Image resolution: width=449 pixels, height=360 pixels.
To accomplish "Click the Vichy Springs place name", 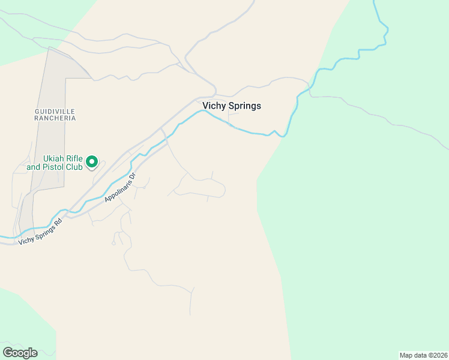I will point(232,106).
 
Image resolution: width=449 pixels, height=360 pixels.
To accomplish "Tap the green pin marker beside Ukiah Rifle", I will point(92,161).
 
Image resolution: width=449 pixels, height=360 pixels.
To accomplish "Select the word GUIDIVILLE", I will point(55,111).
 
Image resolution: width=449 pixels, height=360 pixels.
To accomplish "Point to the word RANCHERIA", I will point(55,118).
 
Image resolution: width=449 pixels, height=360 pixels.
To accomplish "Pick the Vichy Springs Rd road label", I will point(40,232).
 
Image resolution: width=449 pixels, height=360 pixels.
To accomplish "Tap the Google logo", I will point(20,352).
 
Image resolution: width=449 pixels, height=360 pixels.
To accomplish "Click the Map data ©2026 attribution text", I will point(423,355).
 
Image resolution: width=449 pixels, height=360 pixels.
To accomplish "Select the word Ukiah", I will point(53,158).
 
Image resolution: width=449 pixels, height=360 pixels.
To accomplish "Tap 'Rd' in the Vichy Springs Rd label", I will point(58,221).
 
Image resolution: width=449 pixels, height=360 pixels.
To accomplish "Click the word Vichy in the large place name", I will point(213,106).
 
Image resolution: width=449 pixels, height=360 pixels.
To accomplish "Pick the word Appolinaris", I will point(117,190).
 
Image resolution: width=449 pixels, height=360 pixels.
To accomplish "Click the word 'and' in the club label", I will point(34,167).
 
